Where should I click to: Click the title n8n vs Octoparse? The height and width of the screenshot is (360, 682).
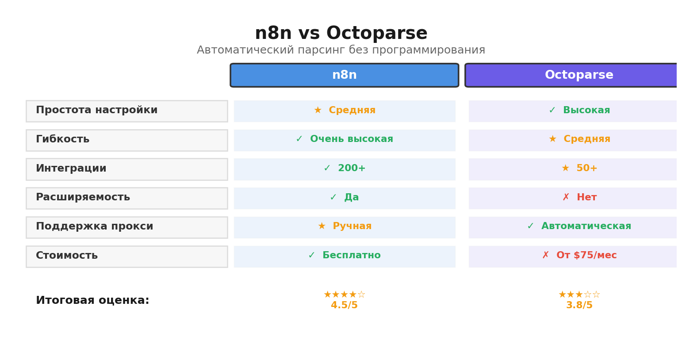pos(341,34)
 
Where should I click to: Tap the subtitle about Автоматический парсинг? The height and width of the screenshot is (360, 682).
pos(341,50)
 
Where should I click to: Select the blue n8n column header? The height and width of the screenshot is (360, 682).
pos(344,75)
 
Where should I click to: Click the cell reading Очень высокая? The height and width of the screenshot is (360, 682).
pos(345,140)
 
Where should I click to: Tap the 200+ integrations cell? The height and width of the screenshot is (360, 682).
pos(345,169)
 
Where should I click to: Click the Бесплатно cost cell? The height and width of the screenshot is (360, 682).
pos(345,256)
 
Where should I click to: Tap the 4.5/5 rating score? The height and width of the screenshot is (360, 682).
pos(344,306)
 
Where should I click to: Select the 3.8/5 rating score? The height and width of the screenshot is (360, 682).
pos(579,306)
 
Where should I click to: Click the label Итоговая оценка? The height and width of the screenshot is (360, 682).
pos(92,301)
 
